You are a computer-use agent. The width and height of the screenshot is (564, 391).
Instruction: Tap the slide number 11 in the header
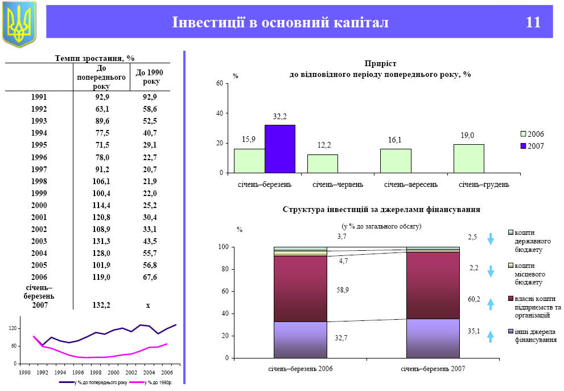point(533,23)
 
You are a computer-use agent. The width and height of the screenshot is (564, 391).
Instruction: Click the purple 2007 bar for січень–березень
point(279,149)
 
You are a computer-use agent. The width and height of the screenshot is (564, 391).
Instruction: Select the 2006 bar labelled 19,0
point(468,158)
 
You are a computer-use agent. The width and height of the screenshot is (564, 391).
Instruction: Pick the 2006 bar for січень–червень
point(322,164)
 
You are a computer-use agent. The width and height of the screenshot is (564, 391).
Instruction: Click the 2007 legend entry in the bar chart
point(533,146)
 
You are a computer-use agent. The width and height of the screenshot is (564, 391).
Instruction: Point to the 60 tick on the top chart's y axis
point(220,84)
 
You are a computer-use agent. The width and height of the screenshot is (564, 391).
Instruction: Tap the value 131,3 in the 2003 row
point(102,241)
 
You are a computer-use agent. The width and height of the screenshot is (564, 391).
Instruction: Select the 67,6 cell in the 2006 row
point(150,277)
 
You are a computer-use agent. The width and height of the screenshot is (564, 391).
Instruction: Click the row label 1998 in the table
point(39,181)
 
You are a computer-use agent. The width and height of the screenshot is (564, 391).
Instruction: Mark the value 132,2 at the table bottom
point(101,306)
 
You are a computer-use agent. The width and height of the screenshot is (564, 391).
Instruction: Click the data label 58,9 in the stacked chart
point(343,290)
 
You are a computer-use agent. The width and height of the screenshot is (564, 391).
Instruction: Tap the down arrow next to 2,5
point(490,238)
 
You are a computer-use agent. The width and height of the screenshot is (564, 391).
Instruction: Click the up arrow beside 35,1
point(490,336)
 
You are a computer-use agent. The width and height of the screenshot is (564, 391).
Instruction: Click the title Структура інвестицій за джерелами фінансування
point(381,210)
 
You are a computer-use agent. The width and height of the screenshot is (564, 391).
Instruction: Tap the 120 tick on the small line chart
point(13,329)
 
